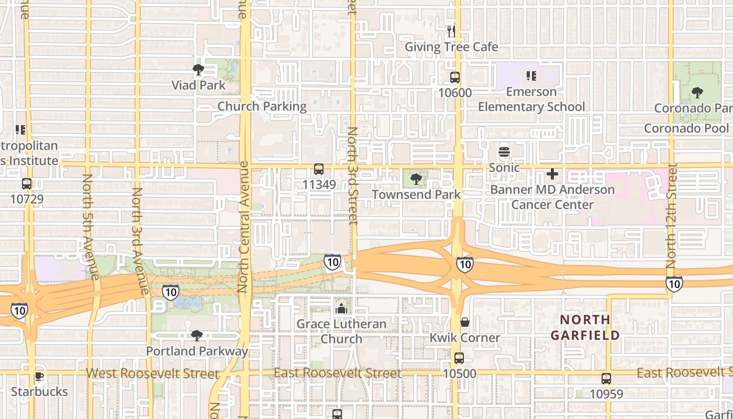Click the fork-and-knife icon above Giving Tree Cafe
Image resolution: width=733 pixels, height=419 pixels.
click(451, 31)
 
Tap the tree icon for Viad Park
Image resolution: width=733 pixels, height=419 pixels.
click(198, 70)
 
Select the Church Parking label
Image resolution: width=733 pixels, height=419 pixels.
click(262, 106)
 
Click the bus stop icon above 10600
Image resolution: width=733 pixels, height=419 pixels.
click(455, 78)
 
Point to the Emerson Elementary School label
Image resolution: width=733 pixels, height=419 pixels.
click(531, 100)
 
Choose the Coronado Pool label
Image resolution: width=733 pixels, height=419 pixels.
click(686, 128)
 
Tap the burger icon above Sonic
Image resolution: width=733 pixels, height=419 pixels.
click(504, 152)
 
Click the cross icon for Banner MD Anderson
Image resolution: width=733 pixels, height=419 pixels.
click(552, 174)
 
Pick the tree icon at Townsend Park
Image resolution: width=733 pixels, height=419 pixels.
click(416, 179)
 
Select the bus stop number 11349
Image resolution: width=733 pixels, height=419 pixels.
click(319, 184)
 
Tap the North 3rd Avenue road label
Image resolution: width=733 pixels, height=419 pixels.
click(139, 240)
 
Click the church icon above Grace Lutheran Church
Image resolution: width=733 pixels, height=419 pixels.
click(341, 308)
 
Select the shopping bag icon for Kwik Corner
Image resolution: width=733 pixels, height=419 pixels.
click(464, 322)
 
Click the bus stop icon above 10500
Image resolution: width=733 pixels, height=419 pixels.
click(459, 358)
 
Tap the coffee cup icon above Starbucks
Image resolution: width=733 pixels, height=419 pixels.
click(39, 376)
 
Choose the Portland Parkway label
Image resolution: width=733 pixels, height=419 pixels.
click(197, 351)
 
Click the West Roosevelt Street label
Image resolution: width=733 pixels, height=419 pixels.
click(152, 373)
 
